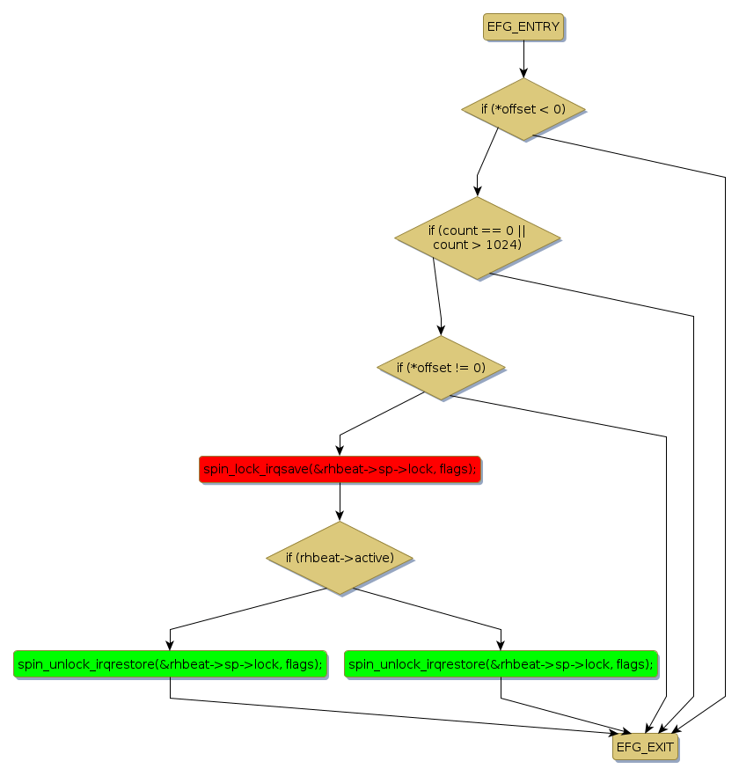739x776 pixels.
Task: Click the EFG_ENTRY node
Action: (x=523, y=27)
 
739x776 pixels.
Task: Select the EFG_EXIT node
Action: (x=646, y=747)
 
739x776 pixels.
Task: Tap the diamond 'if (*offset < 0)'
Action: (x=523, y=109)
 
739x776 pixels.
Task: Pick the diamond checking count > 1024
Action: (x=477, y=238)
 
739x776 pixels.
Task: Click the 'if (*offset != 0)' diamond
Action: (x=441, y=367)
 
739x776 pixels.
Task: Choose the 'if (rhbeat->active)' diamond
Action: (x=340, y=558)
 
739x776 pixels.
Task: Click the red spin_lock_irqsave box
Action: (x=340, y=470)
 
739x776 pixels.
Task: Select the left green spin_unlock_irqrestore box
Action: (x=170, y=663)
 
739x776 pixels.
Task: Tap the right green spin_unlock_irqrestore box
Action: (x=501, y=663)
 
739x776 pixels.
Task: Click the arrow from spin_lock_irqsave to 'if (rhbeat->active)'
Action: (x=340, y=501)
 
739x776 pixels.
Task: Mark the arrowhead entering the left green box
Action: (x=170, y=646)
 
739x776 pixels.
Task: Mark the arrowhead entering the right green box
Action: (x=501, y=646)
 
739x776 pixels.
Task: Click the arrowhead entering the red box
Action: (x=340, y=451)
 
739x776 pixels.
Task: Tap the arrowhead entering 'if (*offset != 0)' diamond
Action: (x=441, y=331)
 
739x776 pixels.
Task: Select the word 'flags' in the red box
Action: (x=455, y=470)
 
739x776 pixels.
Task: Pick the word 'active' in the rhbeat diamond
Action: (x=366, y=558)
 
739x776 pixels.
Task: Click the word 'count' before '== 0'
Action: (x=445, y=231)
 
